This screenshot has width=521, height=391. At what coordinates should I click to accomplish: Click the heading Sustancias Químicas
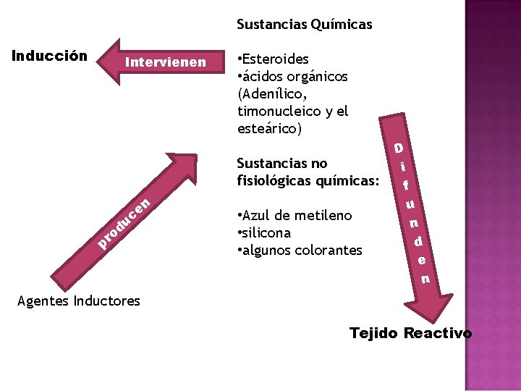click(x=305, y=25)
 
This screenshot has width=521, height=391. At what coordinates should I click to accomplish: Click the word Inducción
click(x=51, y=56)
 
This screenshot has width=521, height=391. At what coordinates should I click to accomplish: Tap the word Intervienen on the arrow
click(x=165, y=62)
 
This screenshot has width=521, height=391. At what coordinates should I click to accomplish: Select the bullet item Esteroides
click(x=276, y=59)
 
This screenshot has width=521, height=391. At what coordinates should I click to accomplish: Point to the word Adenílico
click(x=273, y=94)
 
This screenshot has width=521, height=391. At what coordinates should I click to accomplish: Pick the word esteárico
click(x=268, y=129)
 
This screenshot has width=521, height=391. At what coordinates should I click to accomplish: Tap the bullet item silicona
click(x=266, y=233)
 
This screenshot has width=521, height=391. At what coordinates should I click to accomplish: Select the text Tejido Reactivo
click(x=410, y=333)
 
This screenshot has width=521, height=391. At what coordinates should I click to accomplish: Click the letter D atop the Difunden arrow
click(x=398, y=148)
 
